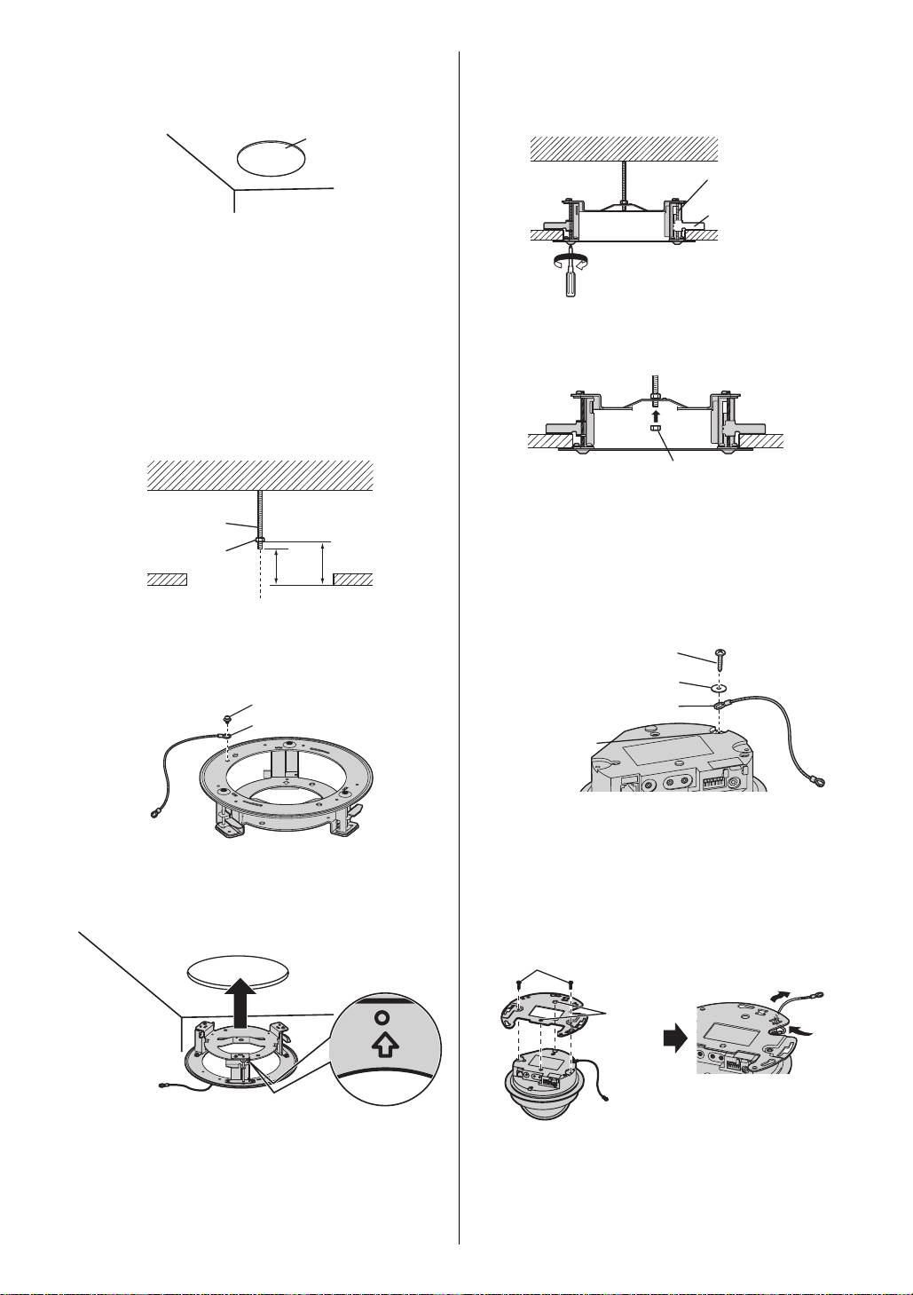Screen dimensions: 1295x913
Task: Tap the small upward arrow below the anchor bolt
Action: tap(654, 414)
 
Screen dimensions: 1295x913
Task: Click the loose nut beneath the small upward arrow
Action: tap(654, 430)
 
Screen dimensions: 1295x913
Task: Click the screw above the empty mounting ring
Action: tap(228, 716)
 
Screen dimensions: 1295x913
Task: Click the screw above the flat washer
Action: tap(719, 657)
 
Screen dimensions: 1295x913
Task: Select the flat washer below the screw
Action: tap(719, 685)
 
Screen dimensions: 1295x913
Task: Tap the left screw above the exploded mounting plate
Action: tap(519, 983)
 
